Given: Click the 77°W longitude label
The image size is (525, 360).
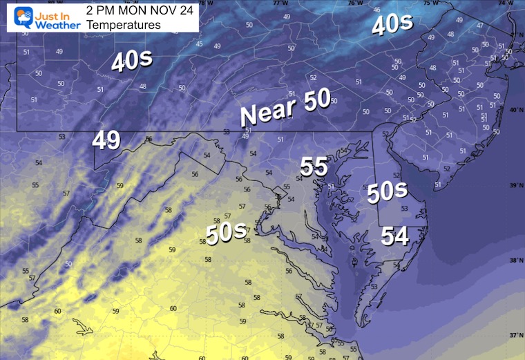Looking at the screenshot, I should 280,3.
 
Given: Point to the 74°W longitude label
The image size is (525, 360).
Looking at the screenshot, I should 512,3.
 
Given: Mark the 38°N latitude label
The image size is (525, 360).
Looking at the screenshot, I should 515,260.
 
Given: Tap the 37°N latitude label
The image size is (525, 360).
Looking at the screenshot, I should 515,335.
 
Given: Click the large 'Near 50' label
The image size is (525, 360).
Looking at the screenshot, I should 285,108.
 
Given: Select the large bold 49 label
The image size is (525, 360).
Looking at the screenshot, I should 106,141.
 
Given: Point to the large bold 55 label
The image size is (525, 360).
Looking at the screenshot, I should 314,166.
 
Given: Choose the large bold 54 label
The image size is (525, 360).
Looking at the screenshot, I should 395,237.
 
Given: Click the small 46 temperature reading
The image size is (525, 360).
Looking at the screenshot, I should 376,10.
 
